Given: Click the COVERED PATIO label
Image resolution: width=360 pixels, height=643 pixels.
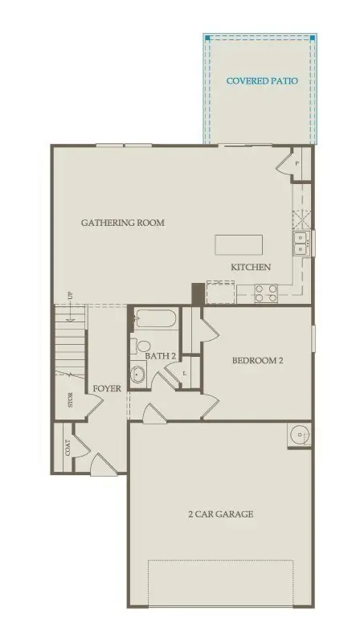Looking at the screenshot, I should point(262,81).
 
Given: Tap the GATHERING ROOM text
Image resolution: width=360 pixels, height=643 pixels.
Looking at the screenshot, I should point(123,223).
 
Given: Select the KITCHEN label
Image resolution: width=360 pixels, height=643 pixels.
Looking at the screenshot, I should point(251,267).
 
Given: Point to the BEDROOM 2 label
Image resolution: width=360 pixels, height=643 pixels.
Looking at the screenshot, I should point(258,361).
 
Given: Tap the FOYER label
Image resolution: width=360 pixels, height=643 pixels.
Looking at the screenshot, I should point(107,388).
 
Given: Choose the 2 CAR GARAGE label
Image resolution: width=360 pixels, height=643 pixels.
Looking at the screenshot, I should point(221,514).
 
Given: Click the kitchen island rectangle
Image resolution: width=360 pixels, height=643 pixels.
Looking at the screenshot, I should point(239,245).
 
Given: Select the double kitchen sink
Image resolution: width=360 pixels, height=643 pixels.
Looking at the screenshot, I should point(301,242).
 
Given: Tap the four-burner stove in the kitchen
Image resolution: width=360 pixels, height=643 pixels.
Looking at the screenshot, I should point(265,293).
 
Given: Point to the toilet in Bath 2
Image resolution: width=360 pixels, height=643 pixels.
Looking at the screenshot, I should point(143,347).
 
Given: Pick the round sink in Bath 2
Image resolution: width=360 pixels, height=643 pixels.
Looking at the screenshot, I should point(138,374).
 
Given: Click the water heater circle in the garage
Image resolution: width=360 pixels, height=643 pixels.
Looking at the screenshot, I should point(299,436).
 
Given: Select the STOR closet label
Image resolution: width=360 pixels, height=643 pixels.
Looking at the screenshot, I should point(71,399).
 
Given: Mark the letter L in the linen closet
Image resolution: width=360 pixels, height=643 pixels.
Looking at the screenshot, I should point(186,373).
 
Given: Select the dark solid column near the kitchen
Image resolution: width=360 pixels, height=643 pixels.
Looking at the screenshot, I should point(198,293).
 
